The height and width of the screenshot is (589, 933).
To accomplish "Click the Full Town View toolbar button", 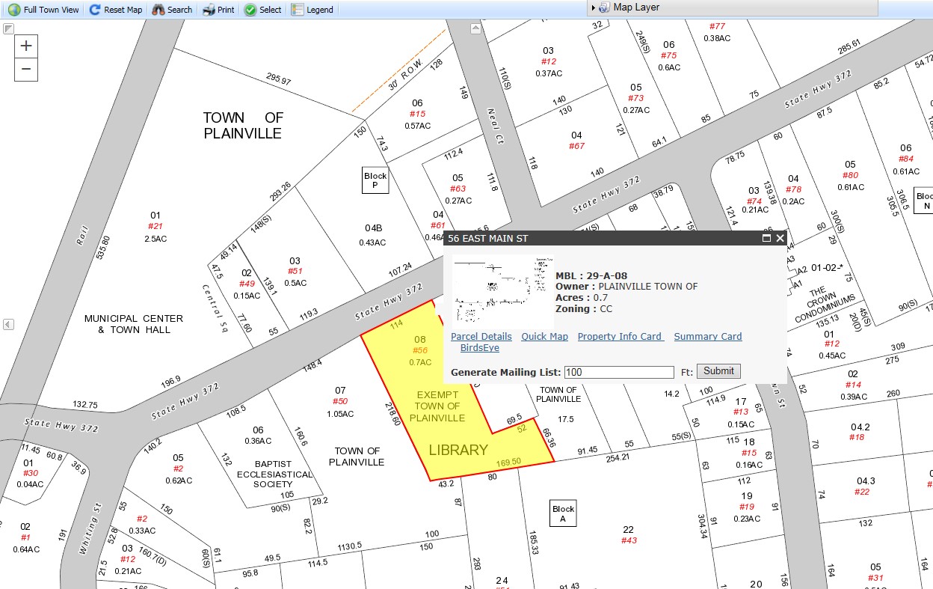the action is click(43, 10).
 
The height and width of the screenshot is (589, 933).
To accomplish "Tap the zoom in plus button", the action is click(26, 46).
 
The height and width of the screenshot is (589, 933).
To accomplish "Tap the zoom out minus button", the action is click(26, 70).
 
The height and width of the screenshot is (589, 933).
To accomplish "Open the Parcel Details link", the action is click(481, 337).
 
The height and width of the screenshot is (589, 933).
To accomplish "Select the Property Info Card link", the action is click(620, 337).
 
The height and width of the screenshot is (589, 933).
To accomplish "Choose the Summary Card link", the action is click(707, 337).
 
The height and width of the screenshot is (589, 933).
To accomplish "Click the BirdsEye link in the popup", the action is click(479, 348).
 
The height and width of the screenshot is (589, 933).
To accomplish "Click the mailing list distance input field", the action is click(619, 372).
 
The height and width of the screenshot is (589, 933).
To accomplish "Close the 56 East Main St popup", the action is click(780, 238).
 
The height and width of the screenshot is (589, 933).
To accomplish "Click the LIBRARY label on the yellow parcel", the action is click(458, 450).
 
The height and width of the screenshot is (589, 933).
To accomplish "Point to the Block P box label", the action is click(375, 180).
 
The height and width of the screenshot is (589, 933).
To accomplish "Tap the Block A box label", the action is click(563, 513).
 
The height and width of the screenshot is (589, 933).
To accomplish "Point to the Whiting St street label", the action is click(90, 532).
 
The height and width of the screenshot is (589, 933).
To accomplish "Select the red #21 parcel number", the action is click(155, 226).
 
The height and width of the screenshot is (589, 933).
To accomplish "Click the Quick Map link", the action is click(544, 337).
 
